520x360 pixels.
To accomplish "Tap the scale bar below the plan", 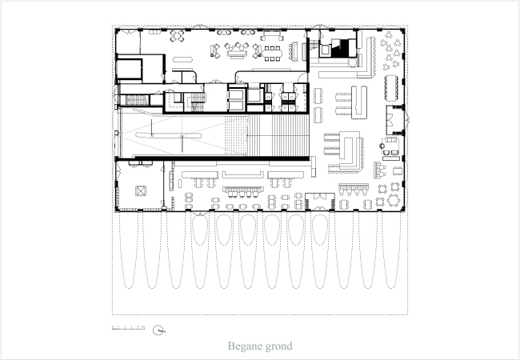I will coord(127,328).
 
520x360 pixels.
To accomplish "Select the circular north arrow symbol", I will coord(159,329).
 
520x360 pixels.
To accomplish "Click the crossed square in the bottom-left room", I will coord(141,190).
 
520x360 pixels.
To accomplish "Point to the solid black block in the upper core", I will coord(343,47).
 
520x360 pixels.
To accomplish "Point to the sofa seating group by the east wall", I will coord(391,147).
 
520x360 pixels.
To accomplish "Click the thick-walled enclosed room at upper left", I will coord(129,67).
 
